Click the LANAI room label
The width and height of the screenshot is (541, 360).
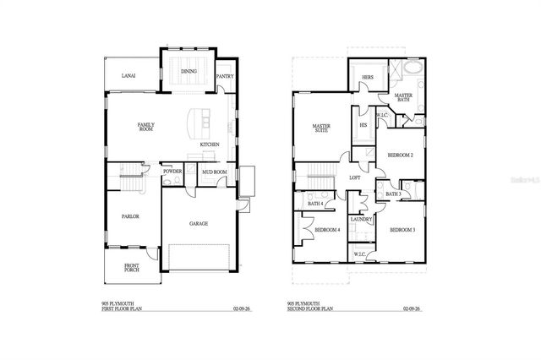coord(129,75)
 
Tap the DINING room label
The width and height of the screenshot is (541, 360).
coord(189,72)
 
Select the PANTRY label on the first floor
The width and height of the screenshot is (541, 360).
coord(224,76)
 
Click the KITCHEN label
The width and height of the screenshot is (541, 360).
coord(210,145)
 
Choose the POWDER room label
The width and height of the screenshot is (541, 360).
coord(172,172)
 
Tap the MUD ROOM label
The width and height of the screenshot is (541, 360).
coord(213,172)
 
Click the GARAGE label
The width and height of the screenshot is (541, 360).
coord(199,224)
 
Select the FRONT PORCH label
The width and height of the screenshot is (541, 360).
coord(132,268)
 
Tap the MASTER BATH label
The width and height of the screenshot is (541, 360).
coord(403,97)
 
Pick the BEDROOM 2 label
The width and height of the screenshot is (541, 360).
coord(400,155)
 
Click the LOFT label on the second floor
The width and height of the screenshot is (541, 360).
coord(356,177)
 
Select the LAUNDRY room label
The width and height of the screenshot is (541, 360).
coord(362,220)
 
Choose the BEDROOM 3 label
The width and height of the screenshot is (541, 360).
coord(402,230)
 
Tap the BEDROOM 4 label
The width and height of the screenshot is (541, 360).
coord(327,230)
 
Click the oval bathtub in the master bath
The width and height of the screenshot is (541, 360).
coord(413,68)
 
